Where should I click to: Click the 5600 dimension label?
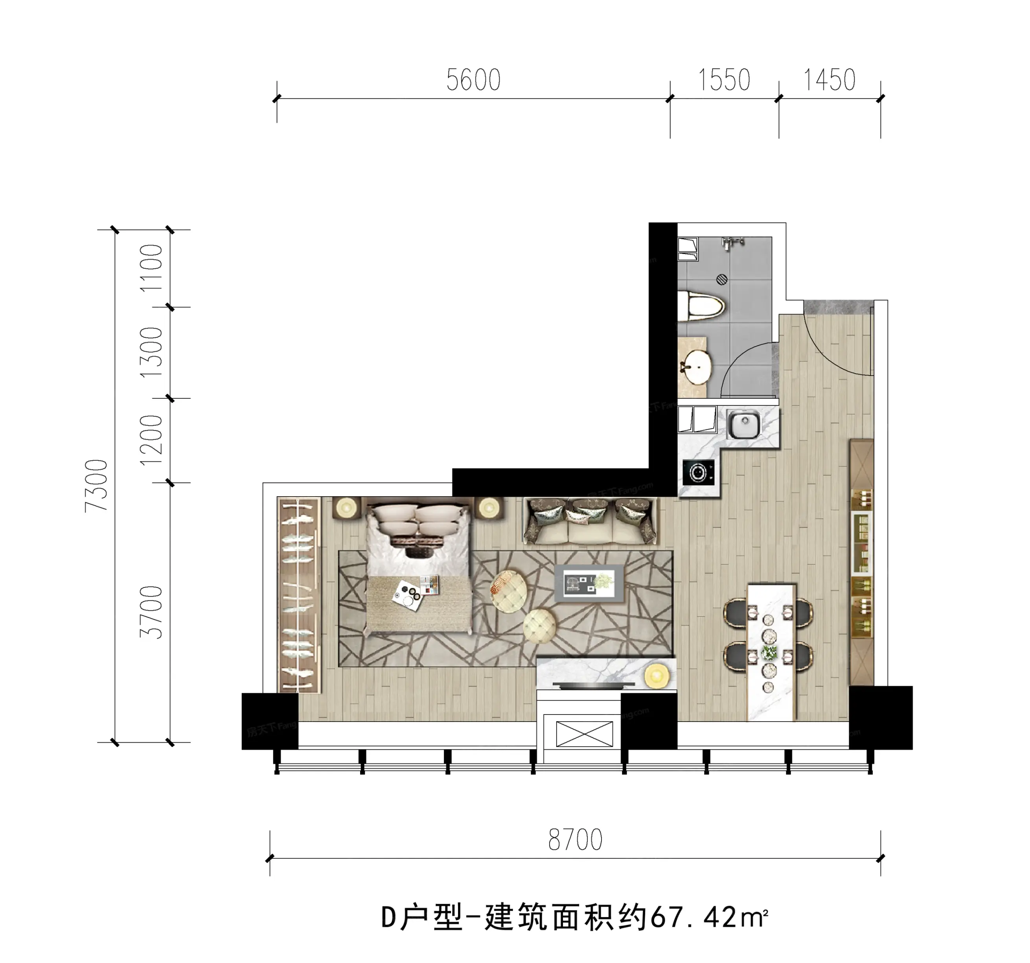474,80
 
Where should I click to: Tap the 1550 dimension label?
724,80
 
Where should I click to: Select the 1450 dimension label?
829,80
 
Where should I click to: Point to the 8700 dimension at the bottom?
575,839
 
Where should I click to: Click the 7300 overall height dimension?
97,486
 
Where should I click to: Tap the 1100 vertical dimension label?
151,268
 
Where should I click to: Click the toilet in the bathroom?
701,306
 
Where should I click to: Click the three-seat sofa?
590,521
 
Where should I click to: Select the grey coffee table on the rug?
589,583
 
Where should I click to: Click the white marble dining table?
771,652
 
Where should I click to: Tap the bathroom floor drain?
722,280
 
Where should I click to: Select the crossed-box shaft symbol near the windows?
585,734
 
